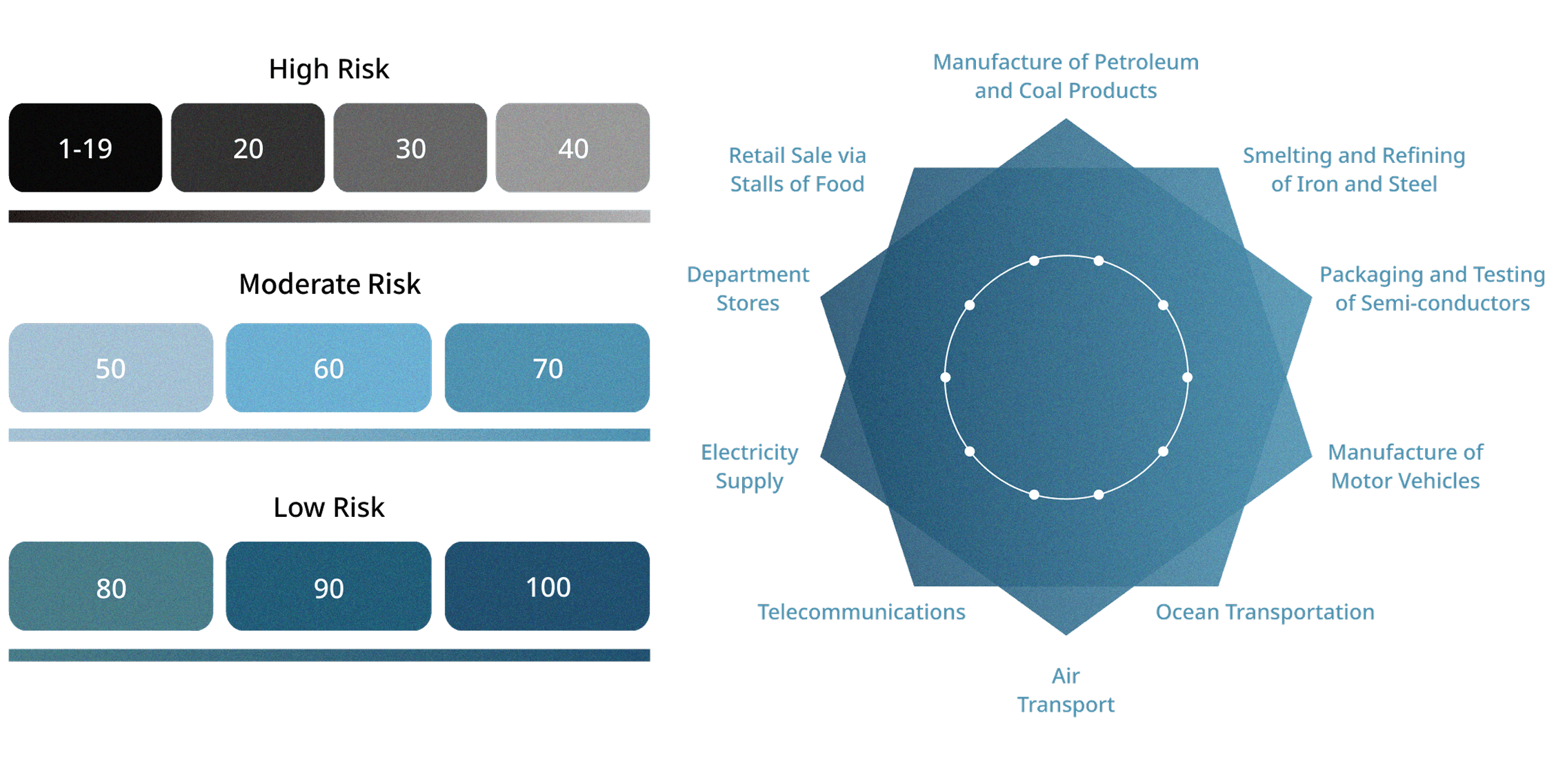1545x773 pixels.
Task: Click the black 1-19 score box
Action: click(x=86, y=148)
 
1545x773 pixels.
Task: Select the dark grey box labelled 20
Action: click(x=248, y=148)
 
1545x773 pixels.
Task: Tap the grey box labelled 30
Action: click(x=410, y=148)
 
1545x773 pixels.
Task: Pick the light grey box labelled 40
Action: click(x=572, y=148)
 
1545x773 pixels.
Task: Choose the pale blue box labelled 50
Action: click(x=111, y=368)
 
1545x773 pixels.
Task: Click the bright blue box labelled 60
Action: click(x=328, y=368)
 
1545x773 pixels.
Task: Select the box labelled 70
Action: click(x=547, y=368)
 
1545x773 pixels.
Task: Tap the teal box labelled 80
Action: click(x=111, y=586)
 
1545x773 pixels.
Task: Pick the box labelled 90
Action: click(x=328, y=586)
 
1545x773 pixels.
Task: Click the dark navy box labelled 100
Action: click(x=547, y=586)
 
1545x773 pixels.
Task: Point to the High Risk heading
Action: click(x=329, y=69)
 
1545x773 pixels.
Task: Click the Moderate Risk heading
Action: click(x=330, y=284)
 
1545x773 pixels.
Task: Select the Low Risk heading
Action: click(x=329, y=507)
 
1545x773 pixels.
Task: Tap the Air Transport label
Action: click(x=1066, y=690)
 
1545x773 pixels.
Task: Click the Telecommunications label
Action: click(x=861, y=611)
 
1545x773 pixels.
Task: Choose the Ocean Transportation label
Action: click(x=1265, y=612)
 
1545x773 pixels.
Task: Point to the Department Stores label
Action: click(x=748, y=288)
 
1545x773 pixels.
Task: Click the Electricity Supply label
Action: click(x=750, y=467)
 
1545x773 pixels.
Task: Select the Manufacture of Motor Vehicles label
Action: click(x=1406, y=467)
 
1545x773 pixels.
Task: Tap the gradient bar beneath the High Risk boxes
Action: click(x=329, y=217)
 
